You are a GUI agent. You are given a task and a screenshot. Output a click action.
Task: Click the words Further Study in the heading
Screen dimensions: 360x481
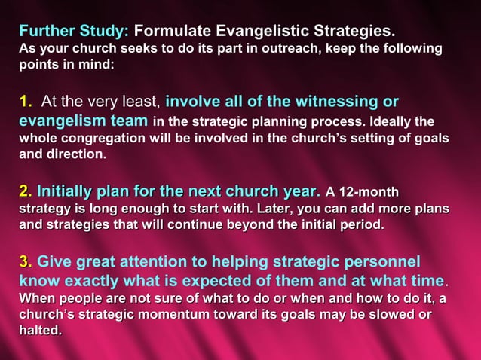(74, 32)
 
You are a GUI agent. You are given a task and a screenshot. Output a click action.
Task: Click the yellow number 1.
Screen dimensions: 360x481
(25, 102)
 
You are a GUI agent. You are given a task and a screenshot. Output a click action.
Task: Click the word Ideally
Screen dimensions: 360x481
(390, 122)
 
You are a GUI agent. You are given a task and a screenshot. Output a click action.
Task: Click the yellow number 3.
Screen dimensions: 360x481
(25, 261)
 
